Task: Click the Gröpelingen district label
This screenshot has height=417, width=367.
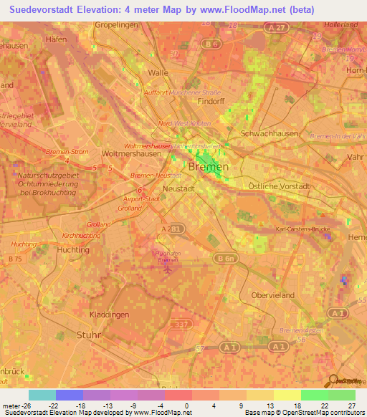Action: (x=118, y=24)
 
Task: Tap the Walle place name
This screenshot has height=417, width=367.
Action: (x=157, y=73)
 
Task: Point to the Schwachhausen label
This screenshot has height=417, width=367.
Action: (x=271, y=134)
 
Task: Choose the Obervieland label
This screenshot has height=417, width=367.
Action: (x=273, y=295)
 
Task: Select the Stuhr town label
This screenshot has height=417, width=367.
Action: (x=89, y=335)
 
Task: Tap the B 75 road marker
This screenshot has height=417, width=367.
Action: (x=15, y=257)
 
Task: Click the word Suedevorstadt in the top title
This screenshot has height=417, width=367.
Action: (x=49, y=11)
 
